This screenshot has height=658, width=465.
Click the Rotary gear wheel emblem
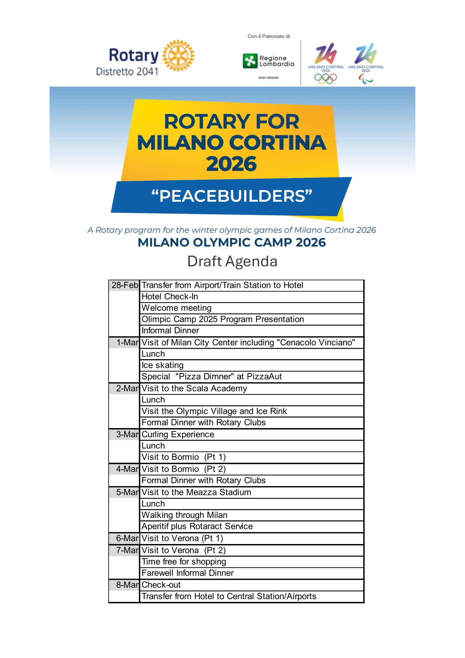(179, 56)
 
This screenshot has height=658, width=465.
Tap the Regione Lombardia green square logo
(250, 61)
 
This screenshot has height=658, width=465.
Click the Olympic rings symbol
(325, 78)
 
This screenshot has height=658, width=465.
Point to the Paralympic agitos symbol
(365, 79)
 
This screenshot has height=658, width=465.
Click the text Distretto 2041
(127, 71)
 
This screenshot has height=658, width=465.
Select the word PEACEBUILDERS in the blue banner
(232, 196)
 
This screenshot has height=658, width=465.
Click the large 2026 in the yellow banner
(232, 164)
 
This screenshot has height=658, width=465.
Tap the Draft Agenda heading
(232, 261)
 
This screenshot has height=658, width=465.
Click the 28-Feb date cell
(124, 285)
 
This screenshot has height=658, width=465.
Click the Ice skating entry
(163, 365)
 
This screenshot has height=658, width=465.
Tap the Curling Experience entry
(178, 435)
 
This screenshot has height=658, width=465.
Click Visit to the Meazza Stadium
(196, 492)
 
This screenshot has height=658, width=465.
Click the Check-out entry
(161, 585)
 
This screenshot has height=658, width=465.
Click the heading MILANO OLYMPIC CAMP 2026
(232, 243)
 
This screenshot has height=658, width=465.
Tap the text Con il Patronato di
(269, 36)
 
